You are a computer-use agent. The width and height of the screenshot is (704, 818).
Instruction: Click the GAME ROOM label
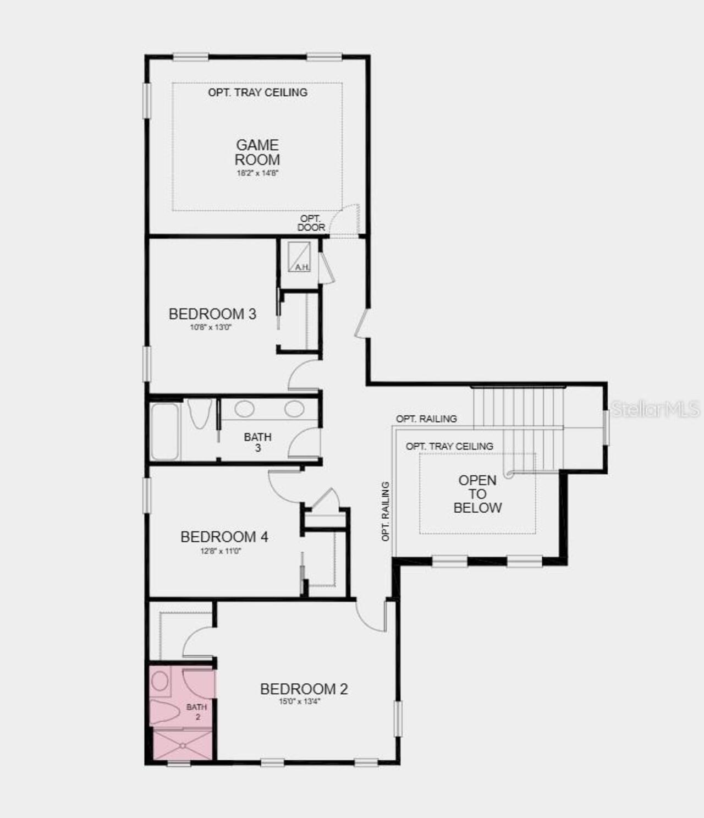[257, 152]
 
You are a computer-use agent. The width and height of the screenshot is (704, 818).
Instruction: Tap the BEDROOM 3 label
[212, 314]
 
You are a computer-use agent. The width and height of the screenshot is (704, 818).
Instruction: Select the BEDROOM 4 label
[224, 537]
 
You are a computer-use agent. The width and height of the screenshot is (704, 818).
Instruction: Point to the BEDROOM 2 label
[304, 689]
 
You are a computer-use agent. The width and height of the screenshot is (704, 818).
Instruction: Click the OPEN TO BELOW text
[477, 494]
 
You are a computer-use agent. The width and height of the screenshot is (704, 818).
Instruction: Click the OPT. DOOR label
[311, 223]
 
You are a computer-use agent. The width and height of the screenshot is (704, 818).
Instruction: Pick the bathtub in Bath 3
[164, 431]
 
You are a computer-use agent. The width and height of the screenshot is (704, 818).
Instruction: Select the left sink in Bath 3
[244, 409]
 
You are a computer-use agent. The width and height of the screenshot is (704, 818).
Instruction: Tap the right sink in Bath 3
[294, 409]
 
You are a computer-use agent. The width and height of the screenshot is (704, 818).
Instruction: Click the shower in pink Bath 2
[182, 745]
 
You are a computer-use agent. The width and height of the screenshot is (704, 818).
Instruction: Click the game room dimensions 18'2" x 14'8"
[257, 173]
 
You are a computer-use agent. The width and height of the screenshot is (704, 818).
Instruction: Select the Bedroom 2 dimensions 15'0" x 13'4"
[300, 701]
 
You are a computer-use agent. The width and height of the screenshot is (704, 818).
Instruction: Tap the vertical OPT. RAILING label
[386, 511]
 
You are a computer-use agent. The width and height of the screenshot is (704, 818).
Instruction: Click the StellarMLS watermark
[656, 409]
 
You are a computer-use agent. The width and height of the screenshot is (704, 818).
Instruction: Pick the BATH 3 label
[257, 442]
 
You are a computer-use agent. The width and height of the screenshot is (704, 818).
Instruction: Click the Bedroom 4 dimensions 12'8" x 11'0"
[221, 551]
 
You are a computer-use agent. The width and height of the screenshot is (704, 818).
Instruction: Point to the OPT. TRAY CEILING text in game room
[257, 92]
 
